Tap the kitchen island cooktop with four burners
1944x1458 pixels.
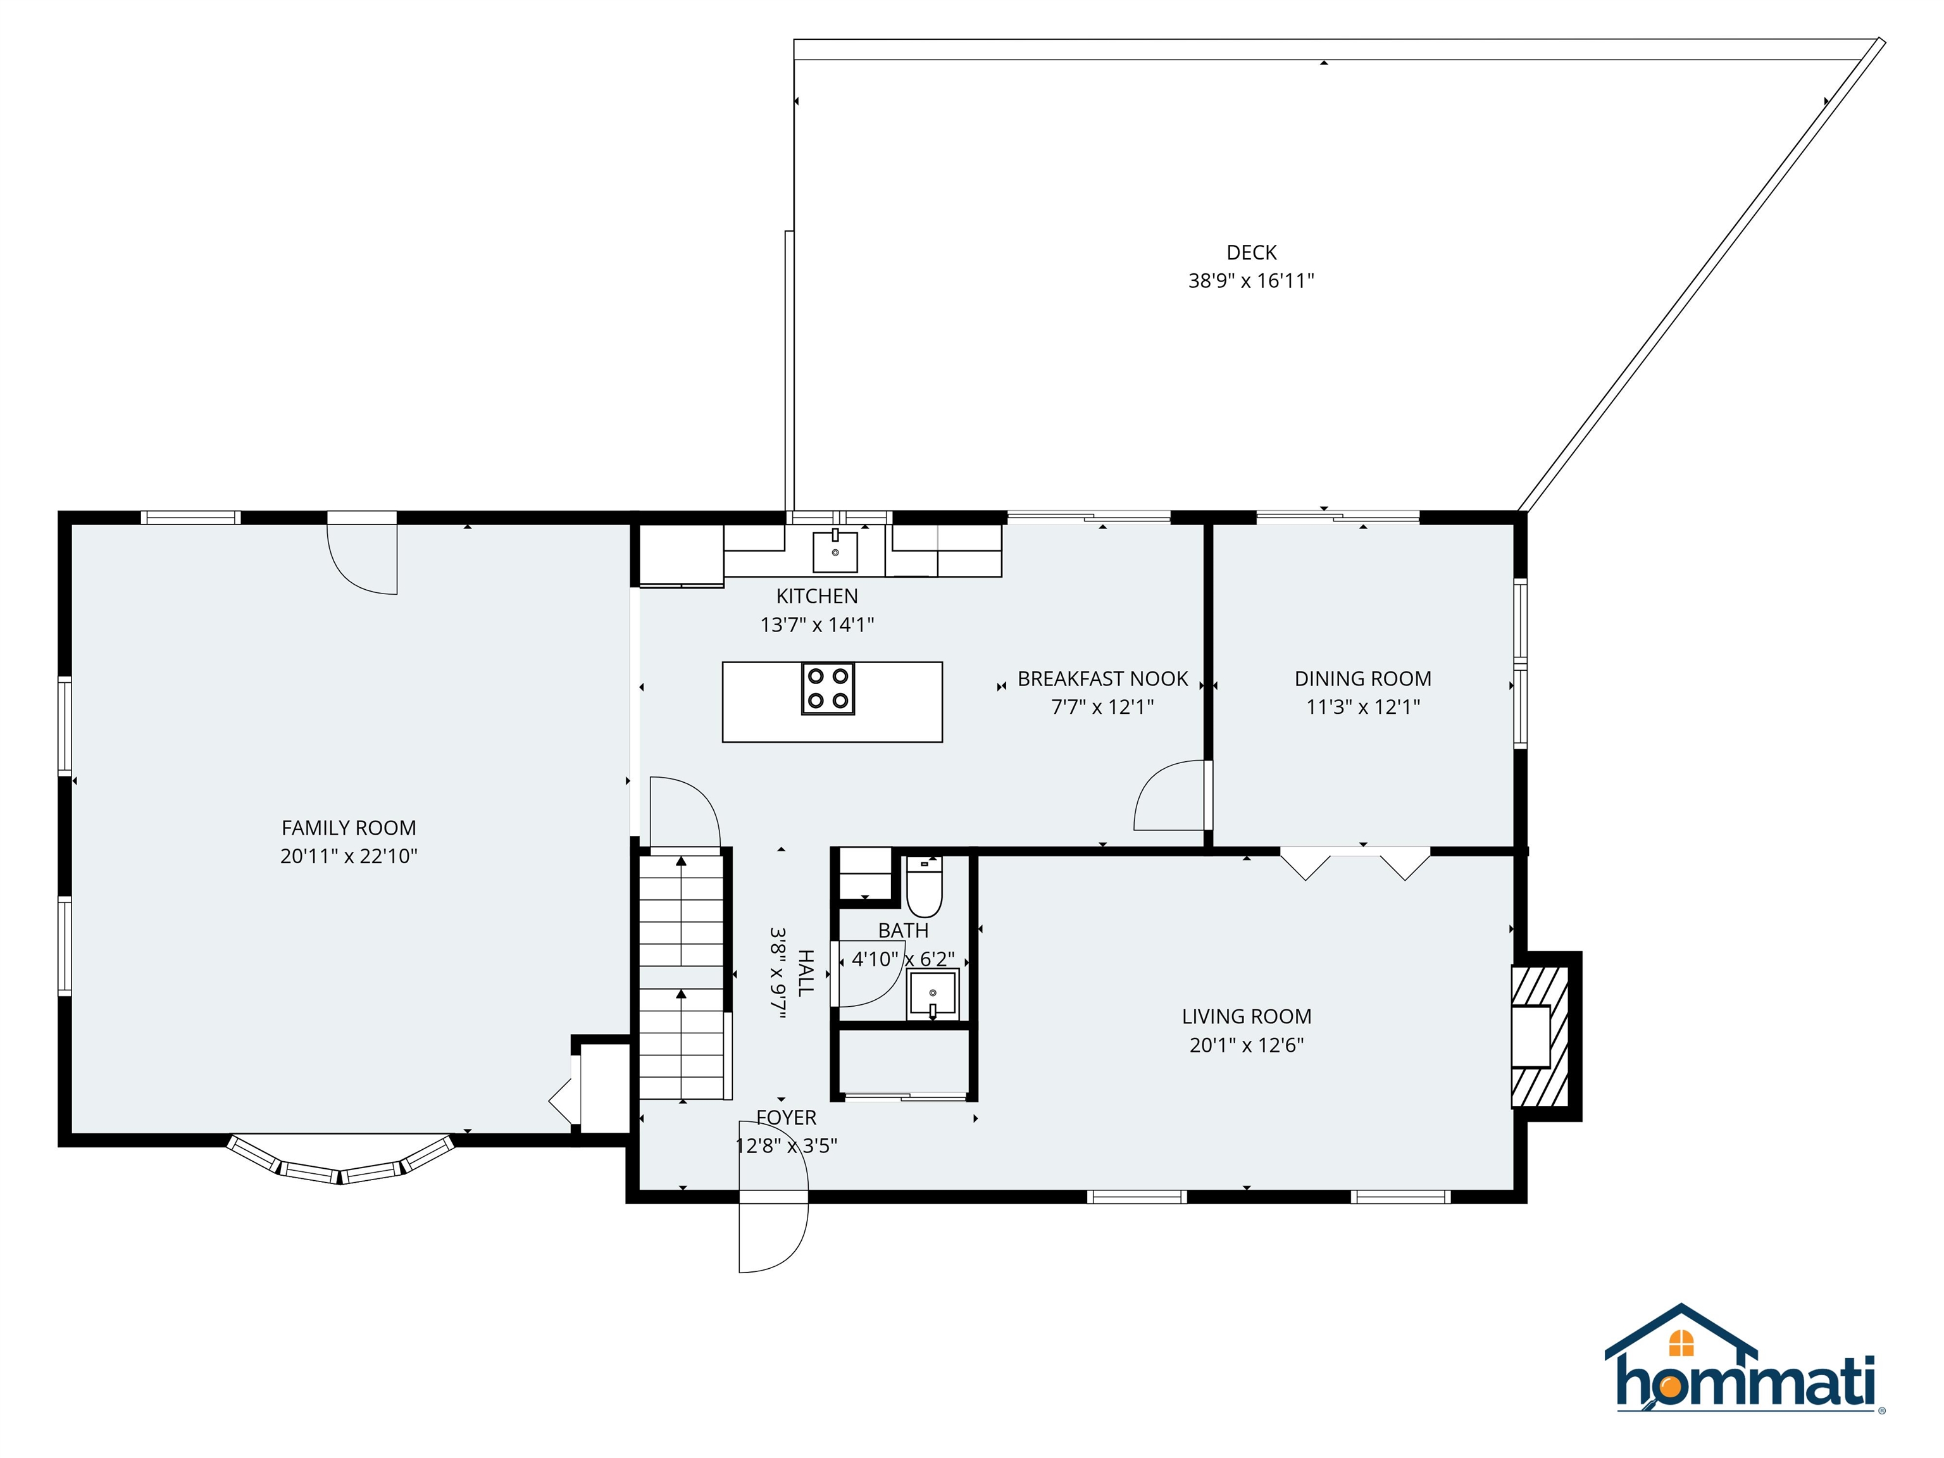(x=828, y=688)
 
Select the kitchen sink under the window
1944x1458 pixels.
(x=834, y=551)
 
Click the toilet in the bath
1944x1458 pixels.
(x=924, y=888)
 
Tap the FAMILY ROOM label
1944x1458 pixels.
(x=348, y=828)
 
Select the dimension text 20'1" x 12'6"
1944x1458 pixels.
(x=1246, y=1045)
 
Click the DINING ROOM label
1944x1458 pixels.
(x=1362, y=678)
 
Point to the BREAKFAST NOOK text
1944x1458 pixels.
(x=1102, y=678)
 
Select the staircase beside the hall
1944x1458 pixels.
(x=681, y=976)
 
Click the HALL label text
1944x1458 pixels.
(x=804, y=973)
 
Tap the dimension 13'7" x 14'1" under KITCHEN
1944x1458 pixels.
(x=816, y=625)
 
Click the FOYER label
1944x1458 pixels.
(x=786, y=1118)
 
